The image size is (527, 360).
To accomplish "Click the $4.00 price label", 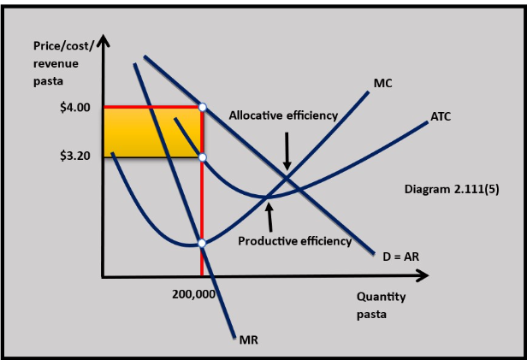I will click(75, 109).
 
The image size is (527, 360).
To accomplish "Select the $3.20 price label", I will click(75, 156).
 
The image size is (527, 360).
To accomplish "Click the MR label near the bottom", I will click(249, 339).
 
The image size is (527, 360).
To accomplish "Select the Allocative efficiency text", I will click(283, 115).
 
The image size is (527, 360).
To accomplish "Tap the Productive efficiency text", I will click(294, 240).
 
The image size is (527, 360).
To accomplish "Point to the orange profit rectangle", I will click(151, 132).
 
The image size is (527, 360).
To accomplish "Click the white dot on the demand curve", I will click(202, 107).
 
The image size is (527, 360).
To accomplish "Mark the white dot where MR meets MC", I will click(202, 243).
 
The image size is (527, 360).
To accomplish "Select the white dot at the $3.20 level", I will click(202, 156).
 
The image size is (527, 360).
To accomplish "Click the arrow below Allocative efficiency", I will click(287, 150).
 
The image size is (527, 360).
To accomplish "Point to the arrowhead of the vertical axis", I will click(104, 41).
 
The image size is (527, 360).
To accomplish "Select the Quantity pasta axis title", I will click(381, 305).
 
